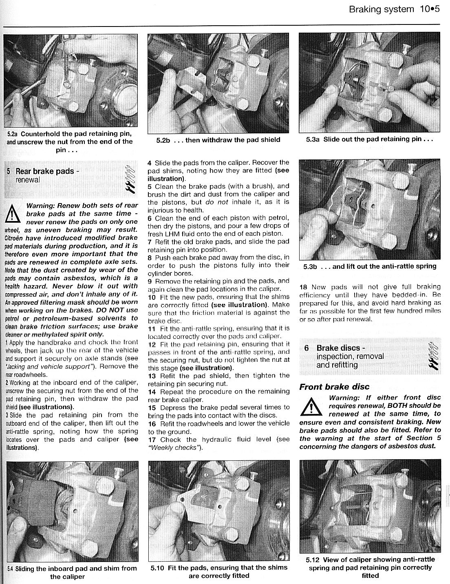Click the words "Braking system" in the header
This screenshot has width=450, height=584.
[x=381, y=9]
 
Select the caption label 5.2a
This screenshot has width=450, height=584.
[x=12, y=134]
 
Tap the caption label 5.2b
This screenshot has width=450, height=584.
[x=163, y=140]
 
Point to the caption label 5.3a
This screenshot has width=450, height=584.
[x=313, y=139]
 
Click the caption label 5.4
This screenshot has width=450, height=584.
[x=10, y=569]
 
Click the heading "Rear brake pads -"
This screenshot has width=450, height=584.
[x=45, y=171]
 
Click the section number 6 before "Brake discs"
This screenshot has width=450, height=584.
[x=307, y=348]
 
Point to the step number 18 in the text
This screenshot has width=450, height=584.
[x=304, y=287]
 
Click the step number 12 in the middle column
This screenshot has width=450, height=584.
[x=152, y=344]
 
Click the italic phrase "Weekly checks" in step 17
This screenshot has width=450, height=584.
[x=176, y=447]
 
